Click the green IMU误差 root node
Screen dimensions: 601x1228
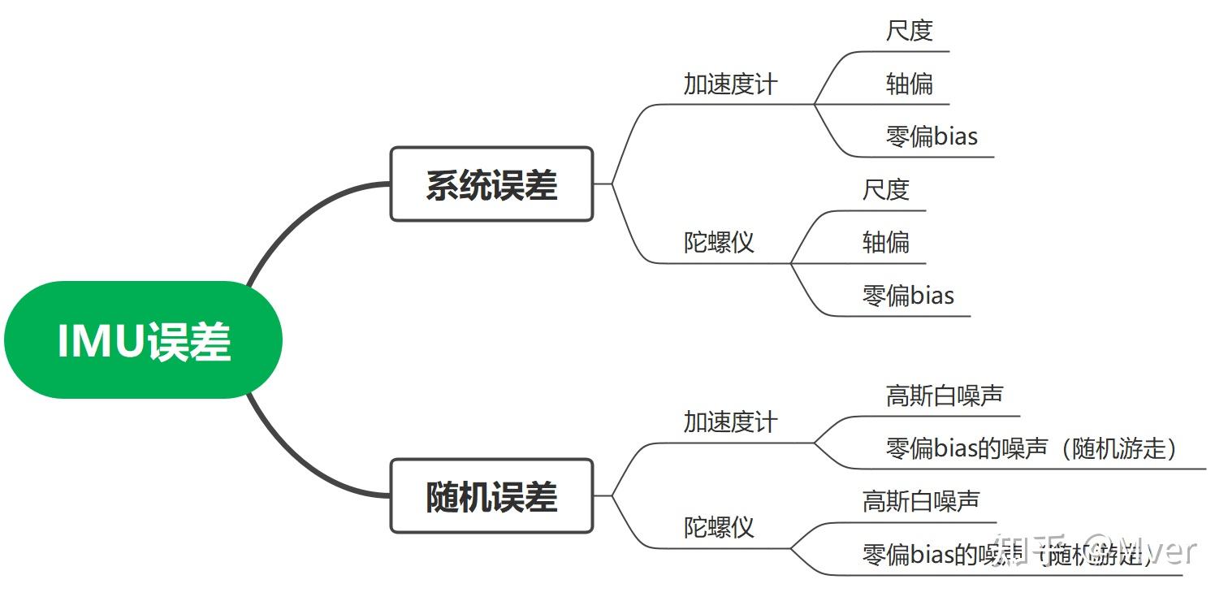point(143,340)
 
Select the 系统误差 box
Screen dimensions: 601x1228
point(491,184)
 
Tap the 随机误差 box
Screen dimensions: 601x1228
point(491,496)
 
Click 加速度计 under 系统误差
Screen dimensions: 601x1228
point(730,84)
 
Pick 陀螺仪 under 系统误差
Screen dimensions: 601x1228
point(719,242)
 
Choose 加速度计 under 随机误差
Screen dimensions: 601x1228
point(730,422)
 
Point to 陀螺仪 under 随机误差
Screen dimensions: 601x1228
point(719,528)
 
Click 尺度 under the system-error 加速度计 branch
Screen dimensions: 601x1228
point(910,31)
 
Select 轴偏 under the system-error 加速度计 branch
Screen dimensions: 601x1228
point(910,84)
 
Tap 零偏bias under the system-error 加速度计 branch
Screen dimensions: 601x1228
point(932,136)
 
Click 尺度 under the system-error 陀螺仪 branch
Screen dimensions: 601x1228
point(886,190)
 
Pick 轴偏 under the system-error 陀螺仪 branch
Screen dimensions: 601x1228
point(886,242)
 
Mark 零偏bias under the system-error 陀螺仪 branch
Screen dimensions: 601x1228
point(908,295)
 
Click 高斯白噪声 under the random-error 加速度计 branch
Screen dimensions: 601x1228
point(945,396)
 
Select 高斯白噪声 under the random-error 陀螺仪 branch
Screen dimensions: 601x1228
point(921,502)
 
